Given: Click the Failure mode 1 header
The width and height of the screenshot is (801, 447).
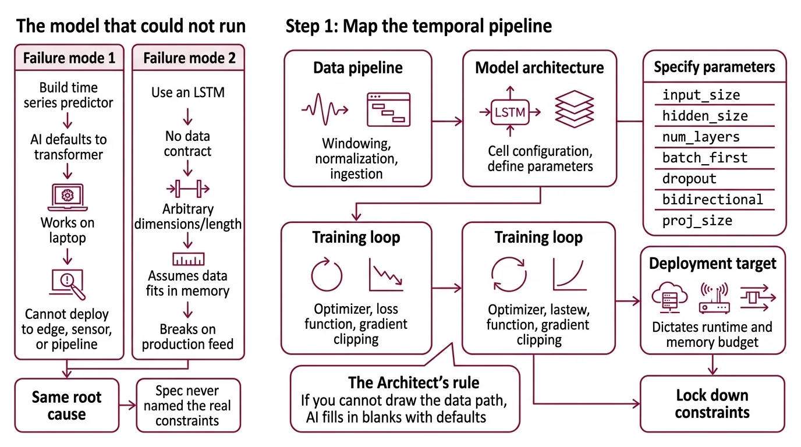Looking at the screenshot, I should (x=69, y=58).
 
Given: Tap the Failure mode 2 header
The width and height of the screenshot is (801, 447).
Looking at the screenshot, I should (x=189, y=58).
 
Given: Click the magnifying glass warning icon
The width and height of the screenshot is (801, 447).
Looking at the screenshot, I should (x=68, y=285).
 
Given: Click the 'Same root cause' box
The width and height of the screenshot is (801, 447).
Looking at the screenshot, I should (x=66, y=406).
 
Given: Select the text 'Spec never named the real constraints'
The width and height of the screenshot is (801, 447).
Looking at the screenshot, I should (x=187, y=406).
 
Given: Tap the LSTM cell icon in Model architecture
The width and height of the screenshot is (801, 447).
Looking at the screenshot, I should (x=509, y=112).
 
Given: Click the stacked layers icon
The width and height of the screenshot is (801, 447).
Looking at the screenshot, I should (x=575, y=109).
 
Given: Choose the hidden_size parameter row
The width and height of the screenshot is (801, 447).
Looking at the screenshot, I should (x=705, y=116).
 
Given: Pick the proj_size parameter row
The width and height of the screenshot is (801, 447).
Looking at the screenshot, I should (x=697, y=221).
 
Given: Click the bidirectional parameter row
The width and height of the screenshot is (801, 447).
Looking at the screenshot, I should (x=713, y=200).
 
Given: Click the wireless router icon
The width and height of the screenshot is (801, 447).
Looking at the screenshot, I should (x=714, y=298).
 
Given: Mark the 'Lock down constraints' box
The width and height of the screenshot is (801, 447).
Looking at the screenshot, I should (x=712, y=404).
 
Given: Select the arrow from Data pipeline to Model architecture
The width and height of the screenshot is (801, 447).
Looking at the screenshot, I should (x=447, y=122).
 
